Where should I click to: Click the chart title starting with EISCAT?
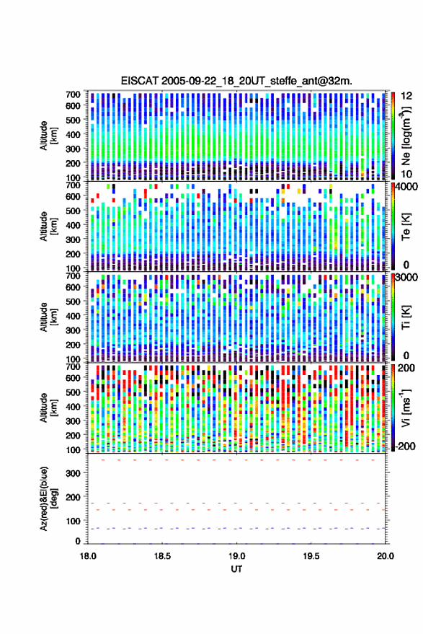[236, 81]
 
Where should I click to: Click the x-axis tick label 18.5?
[162, 556]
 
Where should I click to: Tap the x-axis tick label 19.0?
[237, 556]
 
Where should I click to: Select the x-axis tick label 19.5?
[311, 556]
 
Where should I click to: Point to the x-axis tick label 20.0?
[386, 556]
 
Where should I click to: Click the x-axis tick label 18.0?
[88, 556]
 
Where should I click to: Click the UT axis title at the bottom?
[237, 569]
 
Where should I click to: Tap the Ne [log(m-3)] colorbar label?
[406, 136]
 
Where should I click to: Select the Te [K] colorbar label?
[406, 227]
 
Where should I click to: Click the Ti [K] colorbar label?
[406, 318]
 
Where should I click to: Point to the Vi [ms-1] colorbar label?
[406, 408]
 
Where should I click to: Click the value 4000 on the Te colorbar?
[407, 188]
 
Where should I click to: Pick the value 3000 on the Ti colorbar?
[407, 278]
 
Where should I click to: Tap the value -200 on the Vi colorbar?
[404, 446]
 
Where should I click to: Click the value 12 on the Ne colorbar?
[406, 96]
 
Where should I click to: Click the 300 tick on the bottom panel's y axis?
[73, 473]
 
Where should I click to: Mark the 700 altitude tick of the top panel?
[73, 94]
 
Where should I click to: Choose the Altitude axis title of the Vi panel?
[48, 408]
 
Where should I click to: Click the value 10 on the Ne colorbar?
[406, 175]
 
